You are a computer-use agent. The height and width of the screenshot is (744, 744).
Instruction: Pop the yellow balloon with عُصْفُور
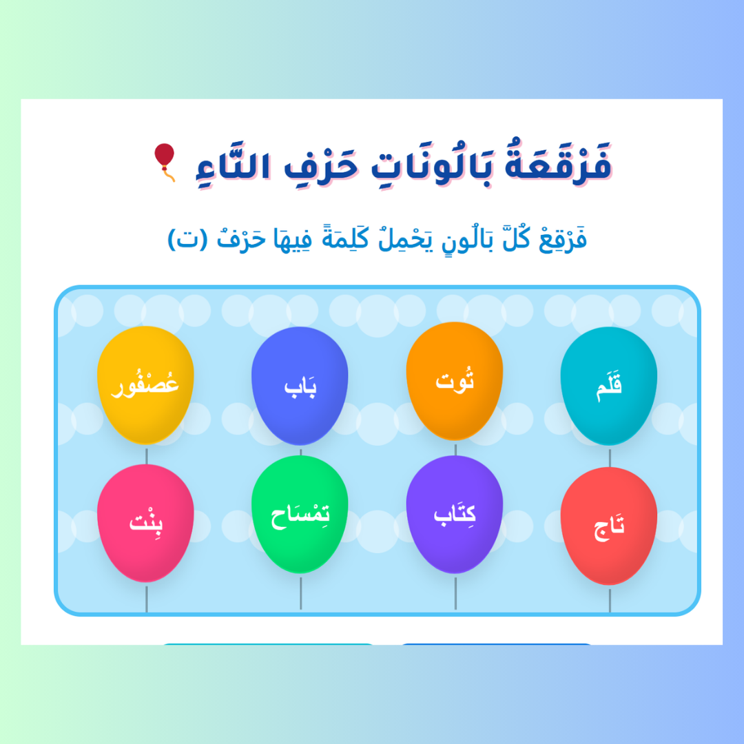coord(145,385)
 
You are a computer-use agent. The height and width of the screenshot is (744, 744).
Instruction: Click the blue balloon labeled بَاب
coord(300,386)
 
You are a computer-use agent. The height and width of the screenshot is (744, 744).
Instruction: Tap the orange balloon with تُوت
coord(455,381)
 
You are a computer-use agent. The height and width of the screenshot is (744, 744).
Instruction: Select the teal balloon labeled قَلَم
coord(609,386)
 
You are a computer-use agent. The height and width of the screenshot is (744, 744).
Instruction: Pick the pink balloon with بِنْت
coord(145,523)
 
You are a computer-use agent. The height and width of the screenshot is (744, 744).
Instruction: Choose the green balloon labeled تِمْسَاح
coord(300,515)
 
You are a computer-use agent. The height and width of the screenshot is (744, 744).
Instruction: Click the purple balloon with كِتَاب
coord(455,515)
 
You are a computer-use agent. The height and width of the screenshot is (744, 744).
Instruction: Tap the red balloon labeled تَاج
coord(609,526)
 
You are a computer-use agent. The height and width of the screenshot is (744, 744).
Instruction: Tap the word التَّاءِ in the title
coord(234,165)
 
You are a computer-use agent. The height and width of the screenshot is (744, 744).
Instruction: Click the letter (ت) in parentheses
coord(188,238)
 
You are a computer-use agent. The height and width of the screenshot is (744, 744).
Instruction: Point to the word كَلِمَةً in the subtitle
coord(345,237)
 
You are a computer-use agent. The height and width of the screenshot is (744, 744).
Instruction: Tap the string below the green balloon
coord(300,593)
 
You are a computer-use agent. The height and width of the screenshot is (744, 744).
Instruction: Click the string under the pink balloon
coord(146,599)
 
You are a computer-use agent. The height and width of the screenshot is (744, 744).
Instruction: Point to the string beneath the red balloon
coord(610,600)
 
